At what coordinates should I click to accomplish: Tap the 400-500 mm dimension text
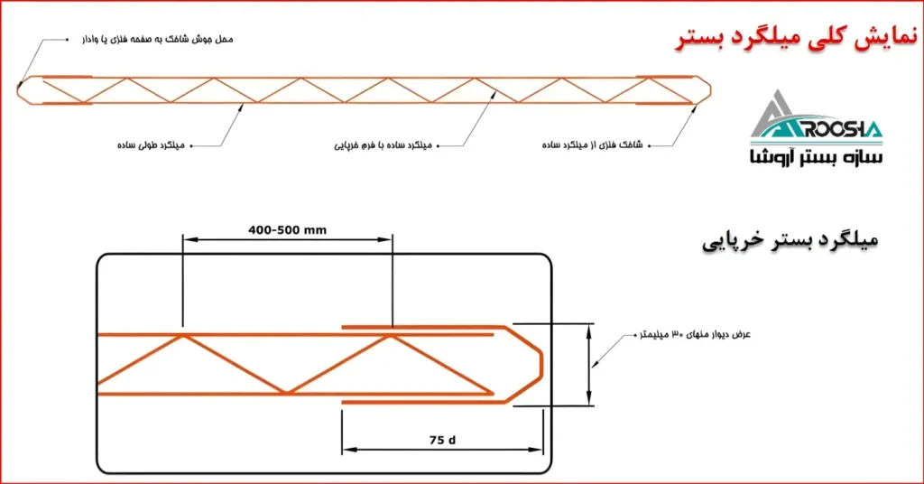click(287, 229)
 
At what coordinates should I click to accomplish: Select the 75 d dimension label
click(442, 440)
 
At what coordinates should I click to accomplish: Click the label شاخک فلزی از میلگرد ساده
click(595, 144)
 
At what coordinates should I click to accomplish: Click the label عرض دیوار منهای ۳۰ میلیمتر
click(694, 334)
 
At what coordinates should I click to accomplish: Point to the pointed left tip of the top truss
click(19, 88)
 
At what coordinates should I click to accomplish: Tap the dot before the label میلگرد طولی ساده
click(191, 144)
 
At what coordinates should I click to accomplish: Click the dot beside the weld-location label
click(68, 40)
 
